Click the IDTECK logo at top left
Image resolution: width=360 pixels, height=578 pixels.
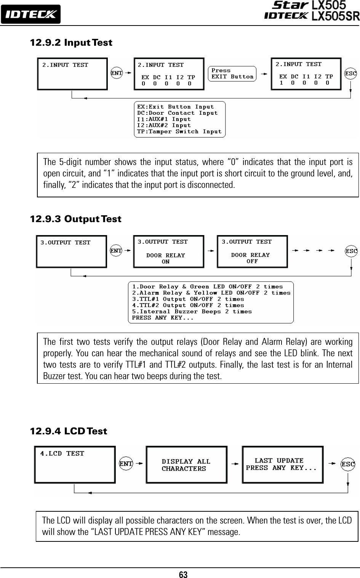tap(30, 14)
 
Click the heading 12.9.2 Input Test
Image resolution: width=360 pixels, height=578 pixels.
tap(71, 42)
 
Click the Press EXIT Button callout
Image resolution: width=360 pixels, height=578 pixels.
tap(232, 74)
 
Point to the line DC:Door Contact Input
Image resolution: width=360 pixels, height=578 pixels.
tap(178, 113)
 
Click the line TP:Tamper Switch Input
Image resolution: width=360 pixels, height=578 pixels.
tap(179, 131)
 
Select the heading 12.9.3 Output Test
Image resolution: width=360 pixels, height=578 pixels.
tap(75, 219)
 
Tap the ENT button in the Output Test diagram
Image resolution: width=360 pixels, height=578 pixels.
tap(116, 250)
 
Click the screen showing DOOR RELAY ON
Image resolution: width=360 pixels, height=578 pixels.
tap(168, 251)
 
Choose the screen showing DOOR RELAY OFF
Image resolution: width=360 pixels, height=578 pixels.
tap(252, 251)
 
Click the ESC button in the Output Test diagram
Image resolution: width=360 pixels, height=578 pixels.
tap(351, 251)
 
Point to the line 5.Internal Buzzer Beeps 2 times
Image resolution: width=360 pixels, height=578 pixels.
tap(192, 311)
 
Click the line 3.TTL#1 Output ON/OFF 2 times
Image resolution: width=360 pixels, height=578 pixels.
tap(188, 299)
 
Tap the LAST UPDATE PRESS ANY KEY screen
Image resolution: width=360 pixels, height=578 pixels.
tap(281, 464)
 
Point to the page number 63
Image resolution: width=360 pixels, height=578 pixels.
tap(184, 573)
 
